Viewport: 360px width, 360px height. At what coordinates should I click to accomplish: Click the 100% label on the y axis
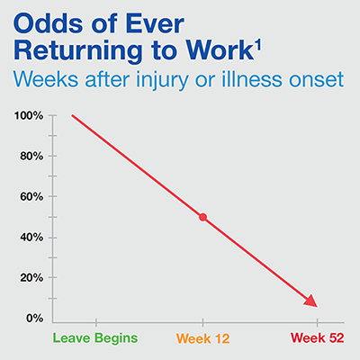click(x=29, y=116)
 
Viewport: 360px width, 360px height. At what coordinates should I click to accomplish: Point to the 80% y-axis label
click(x=31, y=157)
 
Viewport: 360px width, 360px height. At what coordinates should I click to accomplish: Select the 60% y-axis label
click(x=31, y=197)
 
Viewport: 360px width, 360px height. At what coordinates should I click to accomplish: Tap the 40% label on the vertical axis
click(x=31, y=238)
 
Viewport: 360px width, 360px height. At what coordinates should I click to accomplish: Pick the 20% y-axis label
click(x=31, y=278)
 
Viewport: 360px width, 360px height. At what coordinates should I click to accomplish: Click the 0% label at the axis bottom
click(x=35, y=319)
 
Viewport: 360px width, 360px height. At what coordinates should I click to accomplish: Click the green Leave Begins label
click(x=95, y=338)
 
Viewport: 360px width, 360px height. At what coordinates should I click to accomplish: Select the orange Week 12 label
click(x=203, y=338)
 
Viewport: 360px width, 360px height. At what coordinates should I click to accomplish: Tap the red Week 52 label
click(x=318, y=338)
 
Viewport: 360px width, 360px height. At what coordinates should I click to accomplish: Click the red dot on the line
click(x=203, y=217)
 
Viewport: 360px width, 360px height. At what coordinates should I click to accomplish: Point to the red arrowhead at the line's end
click(x=311, y=301)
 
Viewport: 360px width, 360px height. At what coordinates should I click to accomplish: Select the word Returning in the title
click(x=77, y=50)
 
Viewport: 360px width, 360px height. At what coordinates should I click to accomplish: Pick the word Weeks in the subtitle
click(x=46, y=79)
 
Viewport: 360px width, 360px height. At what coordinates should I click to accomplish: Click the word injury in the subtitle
click(x=162, y=81)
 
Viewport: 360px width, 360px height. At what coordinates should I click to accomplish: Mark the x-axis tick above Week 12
click(x=203, y=322)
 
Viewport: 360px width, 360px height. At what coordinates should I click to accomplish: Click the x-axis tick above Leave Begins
click(x=96, y=322)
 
